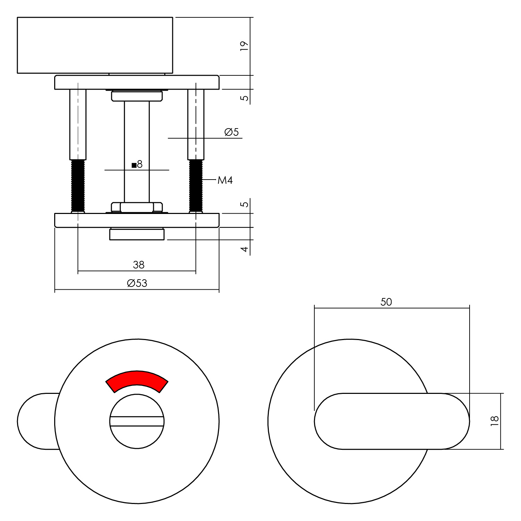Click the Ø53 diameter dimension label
pos(137,283)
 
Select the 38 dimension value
pos(139,265)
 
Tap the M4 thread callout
pos(225,180)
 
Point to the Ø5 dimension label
pos(232,132)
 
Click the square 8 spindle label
pos(137,164)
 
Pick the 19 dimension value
pos(245,46)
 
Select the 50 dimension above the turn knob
pos(386,302)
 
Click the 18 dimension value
pos(495,421)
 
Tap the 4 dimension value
pos(245,249)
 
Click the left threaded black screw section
pos(78,185)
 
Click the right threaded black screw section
pos(196,185)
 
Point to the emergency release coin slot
pos(137,421)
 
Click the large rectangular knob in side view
pos(95,45)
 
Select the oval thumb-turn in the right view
pos(392,421)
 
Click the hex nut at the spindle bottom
pos(137,207)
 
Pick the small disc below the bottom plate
pos(137,234)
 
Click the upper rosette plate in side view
pos(137,82)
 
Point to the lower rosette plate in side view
pos(137,220)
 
